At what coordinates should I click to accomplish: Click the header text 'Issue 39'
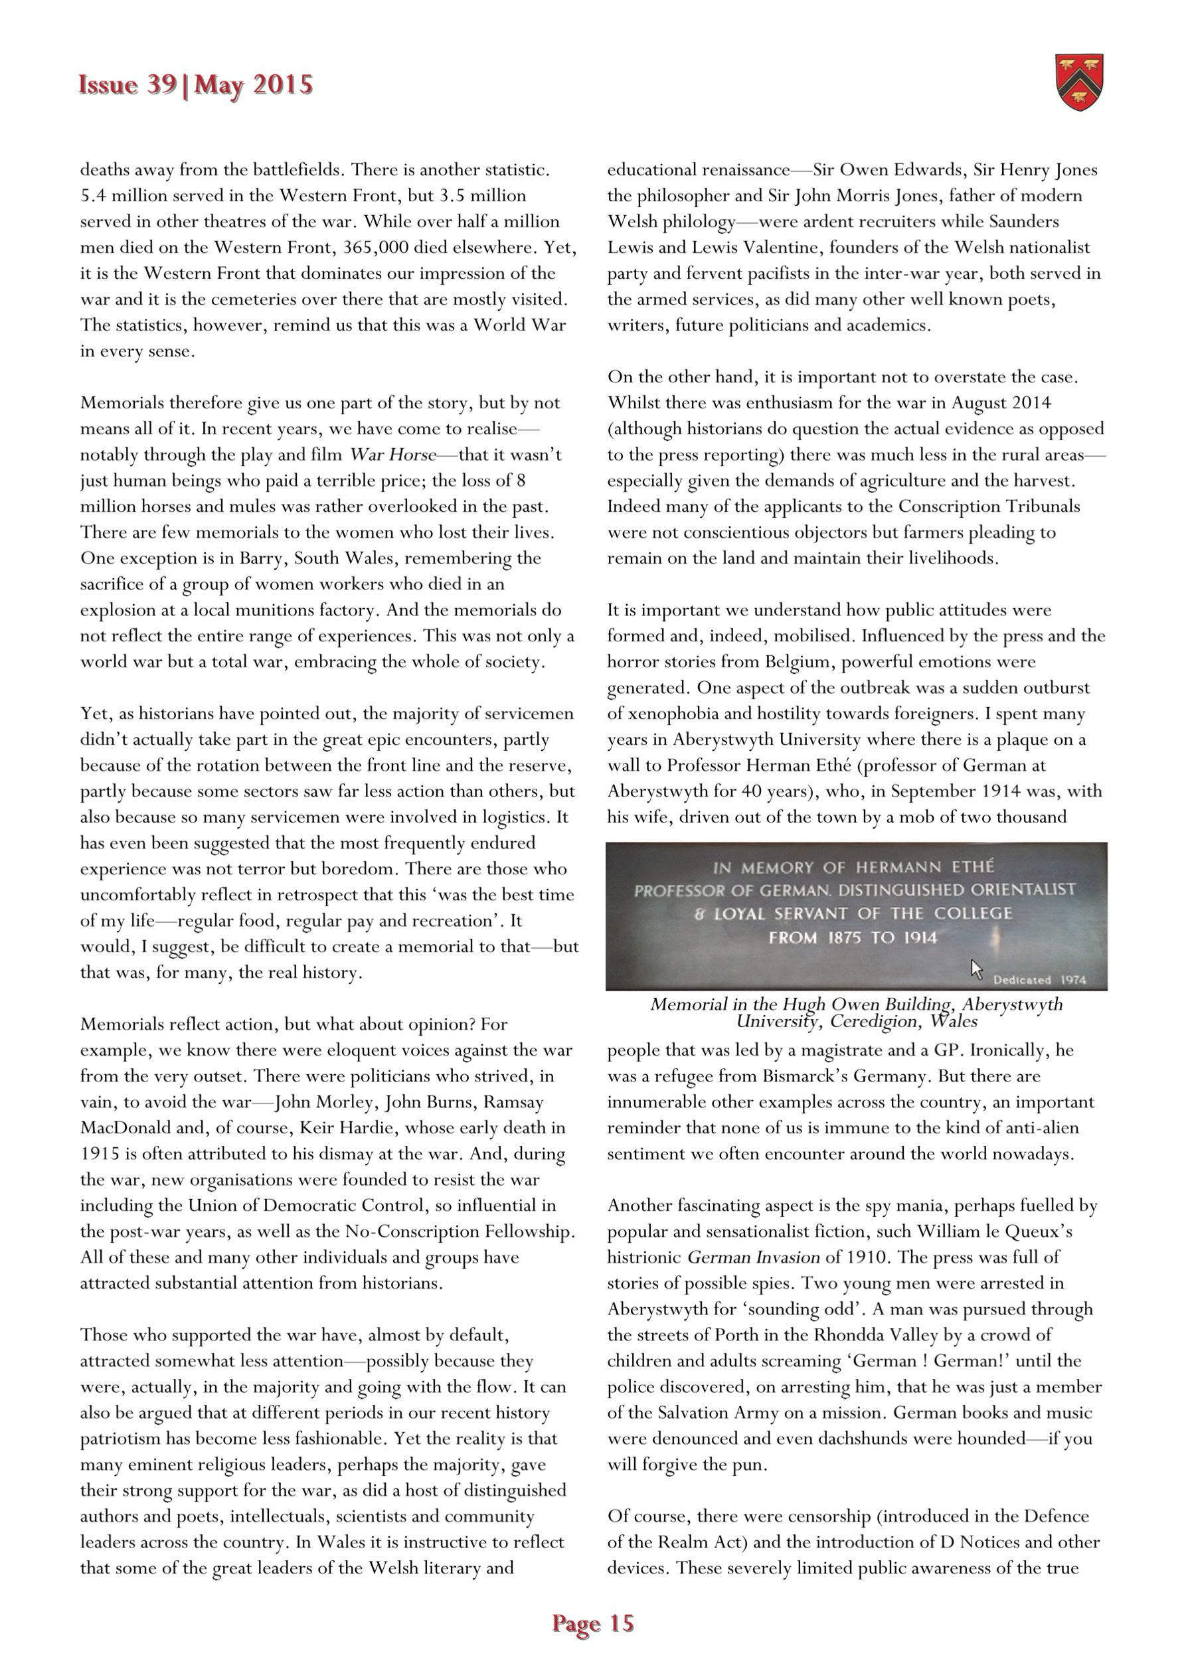[127, 86]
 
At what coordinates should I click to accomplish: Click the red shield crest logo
[1079, 82]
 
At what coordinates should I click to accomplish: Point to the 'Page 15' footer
[592, 1623]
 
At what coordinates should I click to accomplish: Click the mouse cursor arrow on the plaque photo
[976, 969]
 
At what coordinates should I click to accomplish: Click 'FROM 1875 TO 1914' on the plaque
[853, 938]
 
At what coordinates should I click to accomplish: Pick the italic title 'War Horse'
[393, 455]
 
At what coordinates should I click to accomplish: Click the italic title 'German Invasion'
[754, 1257]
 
